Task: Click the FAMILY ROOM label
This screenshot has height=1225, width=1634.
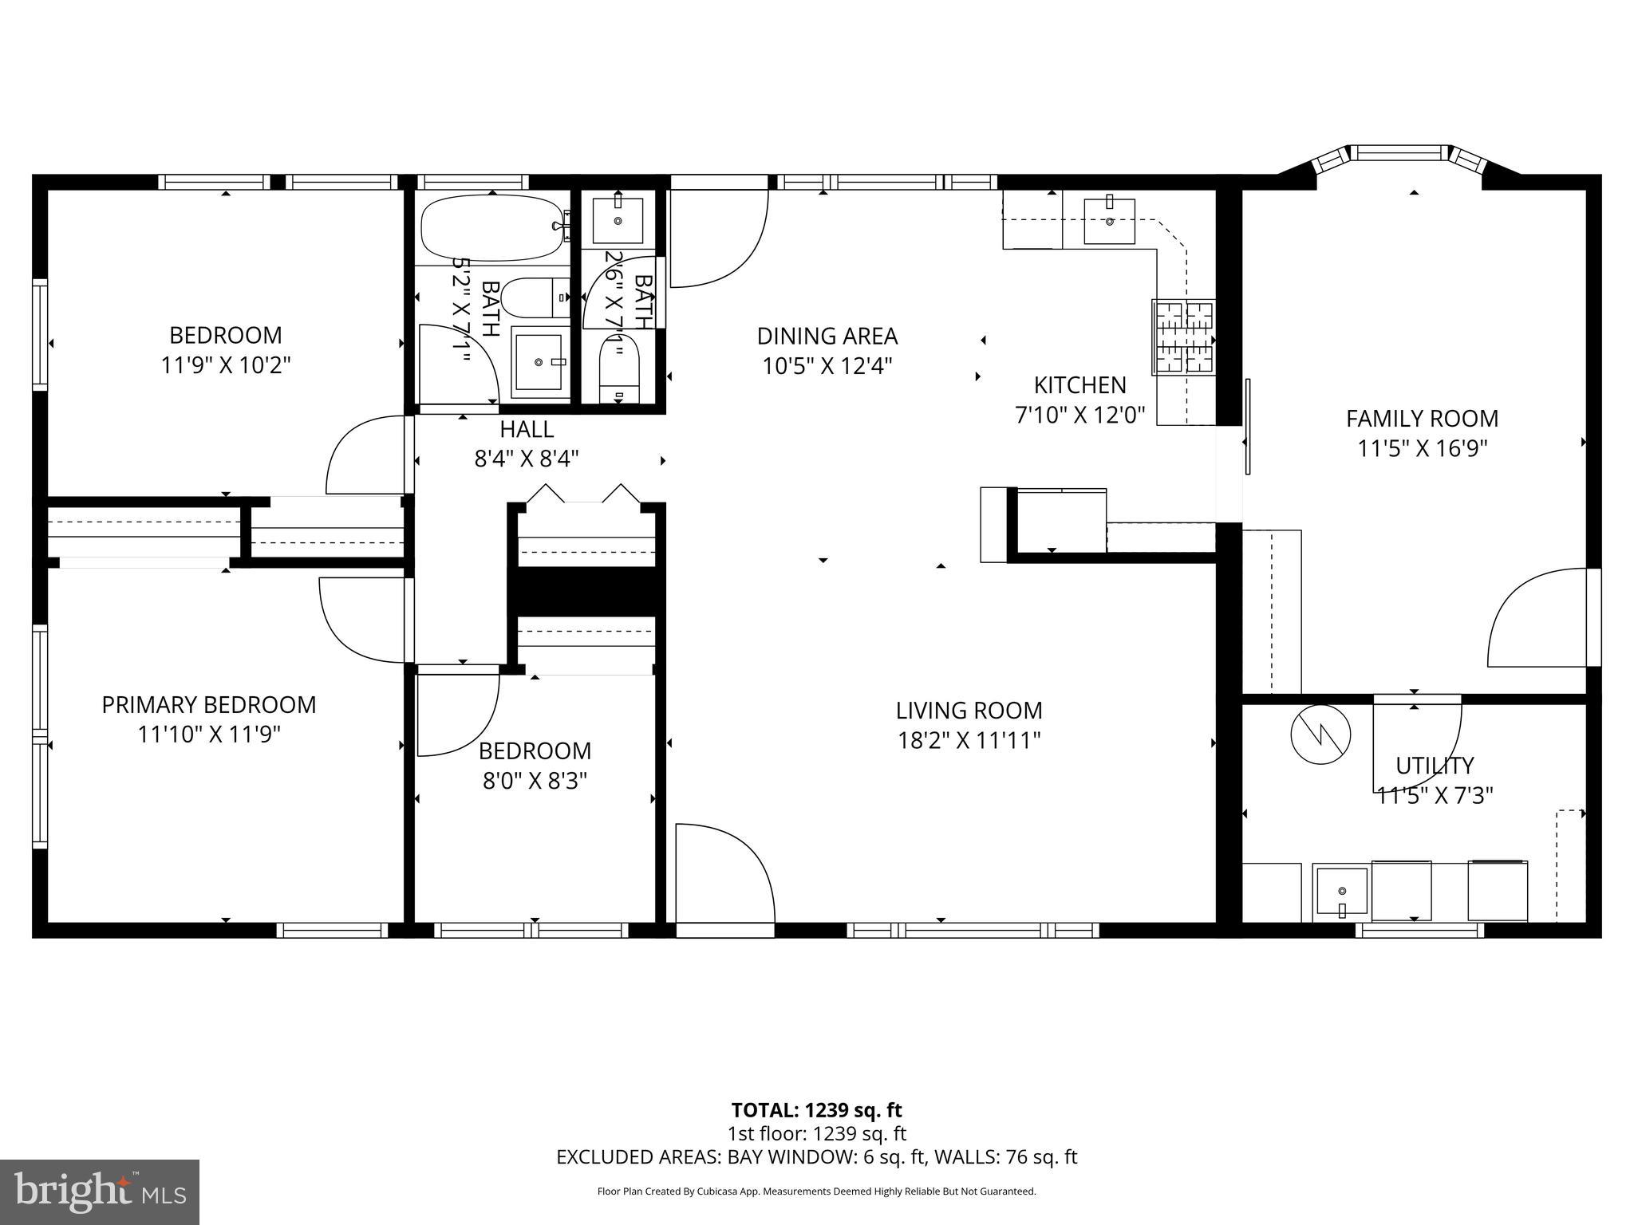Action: coord(1422,418)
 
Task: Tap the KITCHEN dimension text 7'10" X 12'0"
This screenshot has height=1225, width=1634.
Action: coord(1079,415)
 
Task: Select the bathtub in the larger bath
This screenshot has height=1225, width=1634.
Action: coord(491,228)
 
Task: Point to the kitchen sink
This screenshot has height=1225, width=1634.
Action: coord(1109,221)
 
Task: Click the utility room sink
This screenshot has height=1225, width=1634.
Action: coord(1341,892)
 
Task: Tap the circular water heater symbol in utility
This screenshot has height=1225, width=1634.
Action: coord(1320,736)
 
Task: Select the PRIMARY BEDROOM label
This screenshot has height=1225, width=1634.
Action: coord(209,705)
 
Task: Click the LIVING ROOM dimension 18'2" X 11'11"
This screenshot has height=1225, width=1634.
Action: coord(969,741)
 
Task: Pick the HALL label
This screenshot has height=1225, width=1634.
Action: coord(527,429)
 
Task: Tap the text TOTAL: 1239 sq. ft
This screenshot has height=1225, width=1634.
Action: coord(816,1110)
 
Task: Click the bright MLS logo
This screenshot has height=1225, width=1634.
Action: coord(99,1192)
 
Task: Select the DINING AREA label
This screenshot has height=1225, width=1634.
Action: coord(827,336)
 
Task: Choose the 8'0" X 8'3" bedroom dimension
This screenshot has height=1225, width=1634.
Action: coord(535,781)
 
